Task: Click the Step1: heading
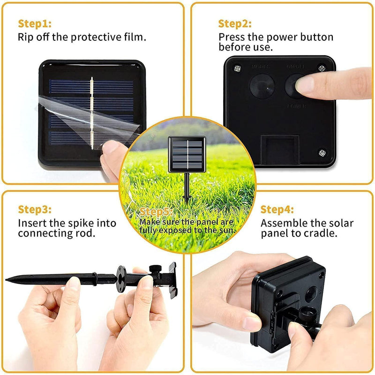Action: (x=35, y=23)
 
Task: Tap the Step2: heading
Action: (x=235, y=23)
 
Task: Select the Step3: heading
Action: (x=35, y=209)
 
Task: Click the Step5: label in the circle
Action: (x=157, y=212)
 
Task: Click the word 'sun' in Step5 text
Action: (x=229, y=230)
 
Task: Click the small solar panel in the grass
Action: (x=187, y=155)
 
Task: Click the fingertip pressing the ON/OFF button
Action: (x=305, y=84)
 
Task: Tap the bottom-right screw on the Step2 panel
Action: (x=322, y=152)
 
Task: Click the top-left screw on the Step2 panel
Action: (x=237, y=69)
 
